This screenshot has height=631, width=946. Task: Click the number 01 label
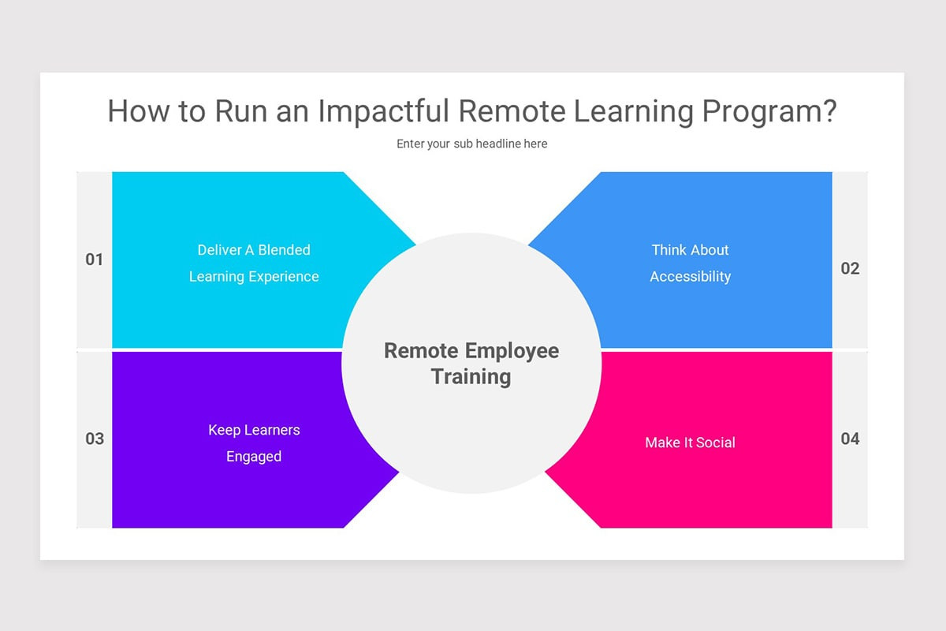(x=95, y=259)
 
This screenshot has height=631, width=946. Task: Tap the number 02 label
(x=850, y=268)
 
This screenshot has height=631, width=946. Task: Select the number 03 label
(x=95, y=439)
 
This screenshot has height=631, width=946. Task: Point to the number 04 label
(x=850, y=439)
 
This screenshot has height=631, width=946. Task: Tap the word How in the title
(x=136, y=111)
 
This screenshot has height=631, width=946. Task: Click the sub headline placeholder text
(x=471, y=144)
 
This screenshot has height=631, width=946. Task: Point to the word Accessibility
(x=690, y=277)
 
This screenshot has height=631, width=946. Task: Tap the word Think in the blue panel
(x=669, y=250)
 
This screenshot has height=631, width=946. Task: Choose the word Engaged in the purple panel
(x=254, y=457)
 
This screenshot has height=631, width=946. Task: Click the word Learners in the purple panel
(x=272, y=430)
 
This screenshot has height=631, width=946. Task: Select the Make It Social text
(x=690, y=442)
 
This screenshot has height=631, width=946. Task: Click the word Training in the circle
(x=471, y=376)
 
